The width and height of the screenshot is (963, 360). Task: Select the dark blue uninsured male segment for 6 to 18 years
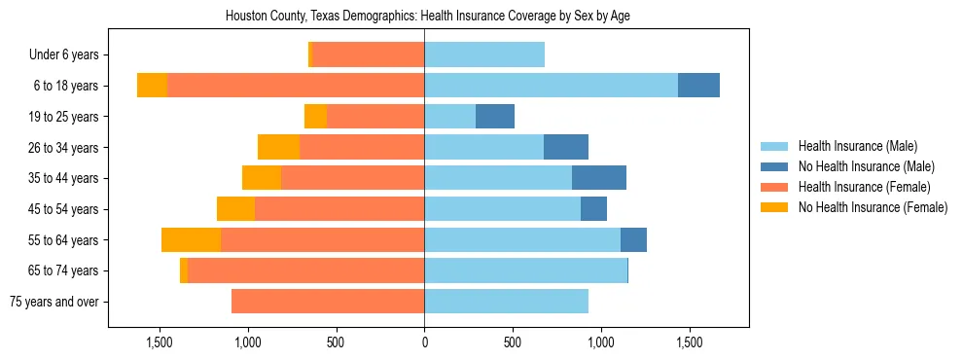pyautogui.click(x=698, y=86)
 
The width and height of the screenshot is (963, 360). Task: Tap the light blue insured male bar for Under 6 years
pyautogui.click(x=484, y=54)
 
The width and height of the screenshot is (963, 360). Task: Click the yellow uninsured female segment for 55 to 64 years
pyautogui.click(x=191, y=240)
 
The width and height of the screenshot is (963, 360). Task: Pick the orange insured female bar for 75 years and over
pyautogui.click(x=328, y=302)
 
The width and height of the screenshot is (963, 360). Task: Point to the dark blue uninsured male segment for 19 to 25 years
pyautogui.click(x=494, y=117)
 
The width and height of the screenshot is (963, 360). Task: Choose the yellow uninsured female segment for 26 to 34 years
pyautogui.click(x=278, y=148)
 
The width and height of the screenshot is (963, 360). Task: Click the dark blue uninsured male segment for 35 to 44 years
pyautogui.click(x=598, y=178)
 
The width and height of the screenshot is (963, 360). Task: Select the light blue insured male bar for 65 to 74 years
pyautogui.click(x=525, y=270)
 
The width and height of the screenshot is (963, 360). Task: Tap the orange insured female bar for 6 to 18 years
pyautogui.click(x=296, y=86)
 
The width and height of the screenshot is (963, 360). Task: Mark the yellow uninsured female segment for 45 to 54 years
pyautogui.click(x=235, y=209)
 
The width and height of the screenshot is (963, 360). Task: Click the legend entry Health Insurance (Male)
pyautogui.click(x=857, y=146)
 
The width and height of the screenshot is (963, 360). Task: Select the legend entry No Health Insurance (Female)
pyautogui.click(x=872, y=207)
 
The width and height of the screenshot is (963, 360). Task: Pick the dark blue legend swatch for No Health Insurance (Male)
pyautogui.click(x=774, y=166)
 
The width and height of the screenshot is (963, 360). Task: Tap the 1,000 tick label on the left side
pyautogui.click(x=247, y=343)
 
